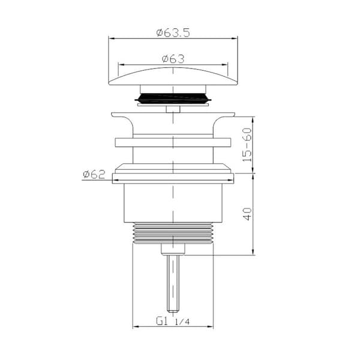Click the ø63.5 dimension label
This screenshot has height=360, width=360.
click(173, 33)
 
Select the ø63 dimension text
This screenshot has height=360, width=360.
click(173, 59)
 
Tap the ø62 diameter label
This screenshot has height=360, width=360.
click(94, 175)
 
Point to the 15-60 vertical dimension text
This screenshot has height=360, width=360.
click(247, 145)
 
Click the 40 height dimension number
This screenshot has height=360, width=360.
click(247, 214)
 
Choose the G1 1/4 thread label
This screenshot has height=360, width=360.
click(173, 321)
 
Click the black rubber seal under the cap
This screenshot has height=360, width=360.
click(173, 98)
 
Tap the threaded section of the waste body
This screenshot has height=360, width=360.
click(173, 233)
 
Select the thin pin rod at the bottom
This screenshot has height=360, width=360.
click(173, 284)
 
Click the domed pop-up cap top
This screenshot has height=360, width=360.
click(173, 76)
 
